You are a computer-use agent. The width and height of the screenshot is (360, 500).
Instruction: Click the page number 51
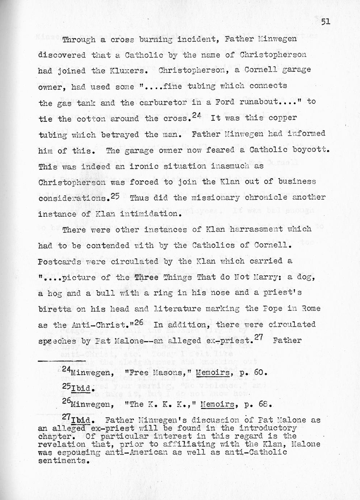pos(325,22)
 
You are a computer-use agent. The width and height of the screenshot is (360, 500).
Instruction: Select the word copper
pos(283,118)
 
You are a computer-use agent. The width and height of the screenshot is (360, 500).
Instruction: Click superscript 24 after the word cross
pos(197,115)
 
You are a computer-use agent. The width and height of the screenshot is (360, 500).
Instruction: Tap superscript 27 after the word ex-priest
pos(259,336)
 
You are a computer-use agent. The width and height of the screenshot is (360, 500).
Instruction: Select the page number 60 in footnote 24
pos(260,372)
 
